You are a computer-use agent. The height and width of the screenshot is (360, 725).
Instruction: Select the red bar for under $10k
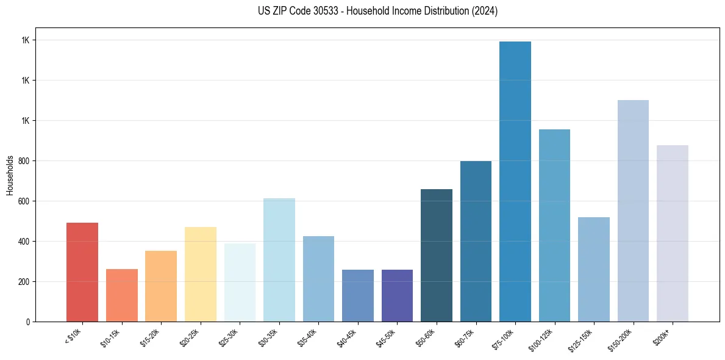click(82, 272)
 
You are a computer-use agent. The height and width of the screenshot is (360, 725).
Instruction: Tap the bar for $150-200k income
click(633, 211)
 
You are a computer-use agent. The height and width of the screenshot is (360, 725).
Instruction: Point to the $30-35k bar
click(279, 260)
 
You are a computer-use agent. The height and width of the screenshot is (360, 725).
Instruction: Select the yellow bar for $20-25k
click(201, 274)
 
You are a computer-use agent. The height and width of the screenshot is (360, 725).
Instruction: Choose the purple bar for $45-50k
click(397, 295)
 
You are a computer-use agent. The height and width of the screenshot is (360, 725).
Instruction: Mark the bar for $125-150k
click(594, 269)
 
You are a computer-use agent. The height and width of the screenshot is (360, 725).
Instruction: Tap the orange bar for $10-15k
click(122, 295)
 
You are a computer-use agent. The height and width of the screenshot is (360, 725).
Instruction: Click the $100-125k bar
click(554, 225)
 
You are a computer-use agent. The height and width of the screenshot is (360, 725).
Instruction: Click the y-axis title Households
click(10, 175)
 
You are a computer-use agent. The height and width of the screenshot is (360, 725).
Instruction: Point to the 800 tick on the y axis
click(24, 161)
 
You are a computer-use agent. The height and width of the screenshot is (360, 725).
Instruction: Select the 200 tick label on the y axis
click(24, 282)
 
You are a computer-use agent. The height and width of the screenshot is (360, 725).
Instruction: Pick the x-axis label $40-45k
click(346, 337)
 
